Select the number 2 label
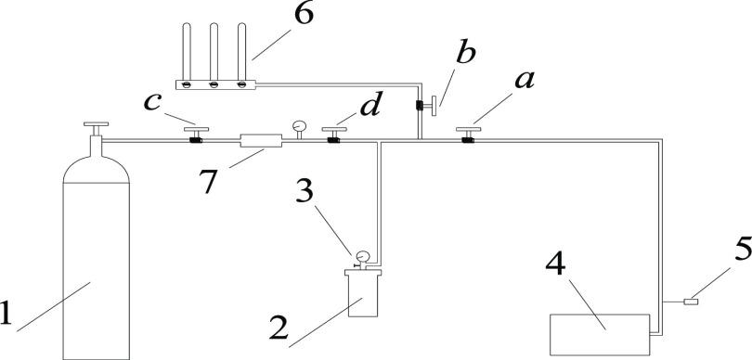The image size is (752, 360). [279, 328]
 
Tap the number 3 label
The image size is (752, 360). [305, 190]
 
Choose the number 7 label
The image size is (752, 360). [210, 181]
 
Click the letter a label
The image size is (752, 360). [525, 81]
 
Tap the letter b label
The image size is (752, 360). [465, 53]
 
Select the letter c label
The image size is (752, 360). [152, 103]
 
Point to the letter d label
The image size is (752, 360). [370, 105]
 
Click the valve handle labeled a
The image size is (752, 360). [468, 129]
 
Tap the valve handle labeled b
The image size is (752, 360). [434, 106]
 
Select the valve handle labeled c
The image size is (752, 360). [196, 129]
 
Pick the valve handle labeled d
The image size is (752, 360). [334, 129]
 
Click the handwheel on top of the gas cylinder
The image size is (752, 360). [96, 124]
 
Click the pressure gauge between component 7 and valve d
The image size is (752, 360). [299, 126]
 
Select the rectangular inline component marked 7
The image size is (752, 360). [261, 140]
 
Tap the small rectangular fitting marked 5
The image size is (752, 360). [691, 302]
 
